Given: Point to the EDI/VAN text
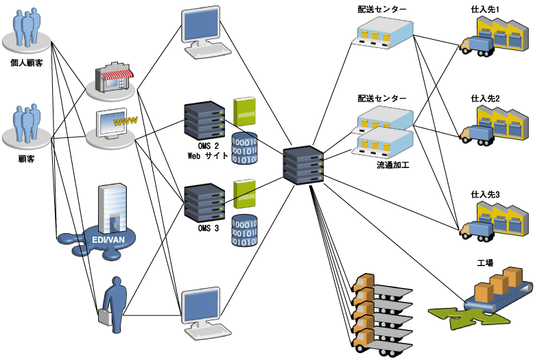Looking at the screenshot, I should click(x=108, y=239).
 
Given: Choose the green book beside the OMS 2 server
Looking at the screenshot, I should click(x=244, y=111).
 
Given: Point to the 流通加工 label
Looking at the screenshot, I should click(x=392, y=165).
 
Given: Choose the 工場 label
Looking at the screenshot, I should click(x=486, y=263).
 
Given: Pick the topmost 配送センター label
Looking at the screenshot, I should click(x=382, y=9).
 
